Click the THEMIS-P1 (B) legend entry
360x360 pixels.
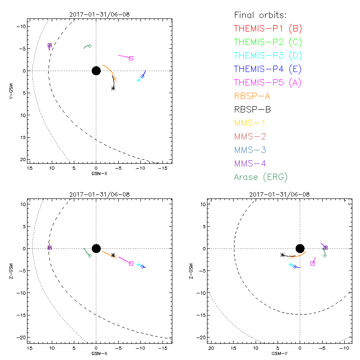pos(268,29)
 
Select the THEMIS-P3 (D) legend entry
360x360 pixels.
pos(268,56)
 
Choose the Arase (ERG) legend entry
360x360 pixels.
pos(261,177)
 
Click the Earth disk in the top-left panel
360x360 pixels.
pos(96,71)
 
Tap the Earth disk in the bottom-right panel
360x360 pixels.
pos(300,248)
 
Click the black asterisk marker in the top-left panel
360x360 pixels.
pos(113,88)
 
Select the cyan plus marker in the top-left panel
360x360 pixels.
pos(139,80)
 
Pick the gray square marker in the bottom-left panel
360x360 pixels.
pos(131,263)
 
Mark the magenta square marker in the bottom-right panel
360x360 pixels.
pos(312,263)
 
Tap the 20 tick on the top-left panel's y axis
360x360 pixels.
pos(22,160)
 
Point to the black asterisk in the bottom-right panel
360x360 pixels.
pos(283,255)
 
